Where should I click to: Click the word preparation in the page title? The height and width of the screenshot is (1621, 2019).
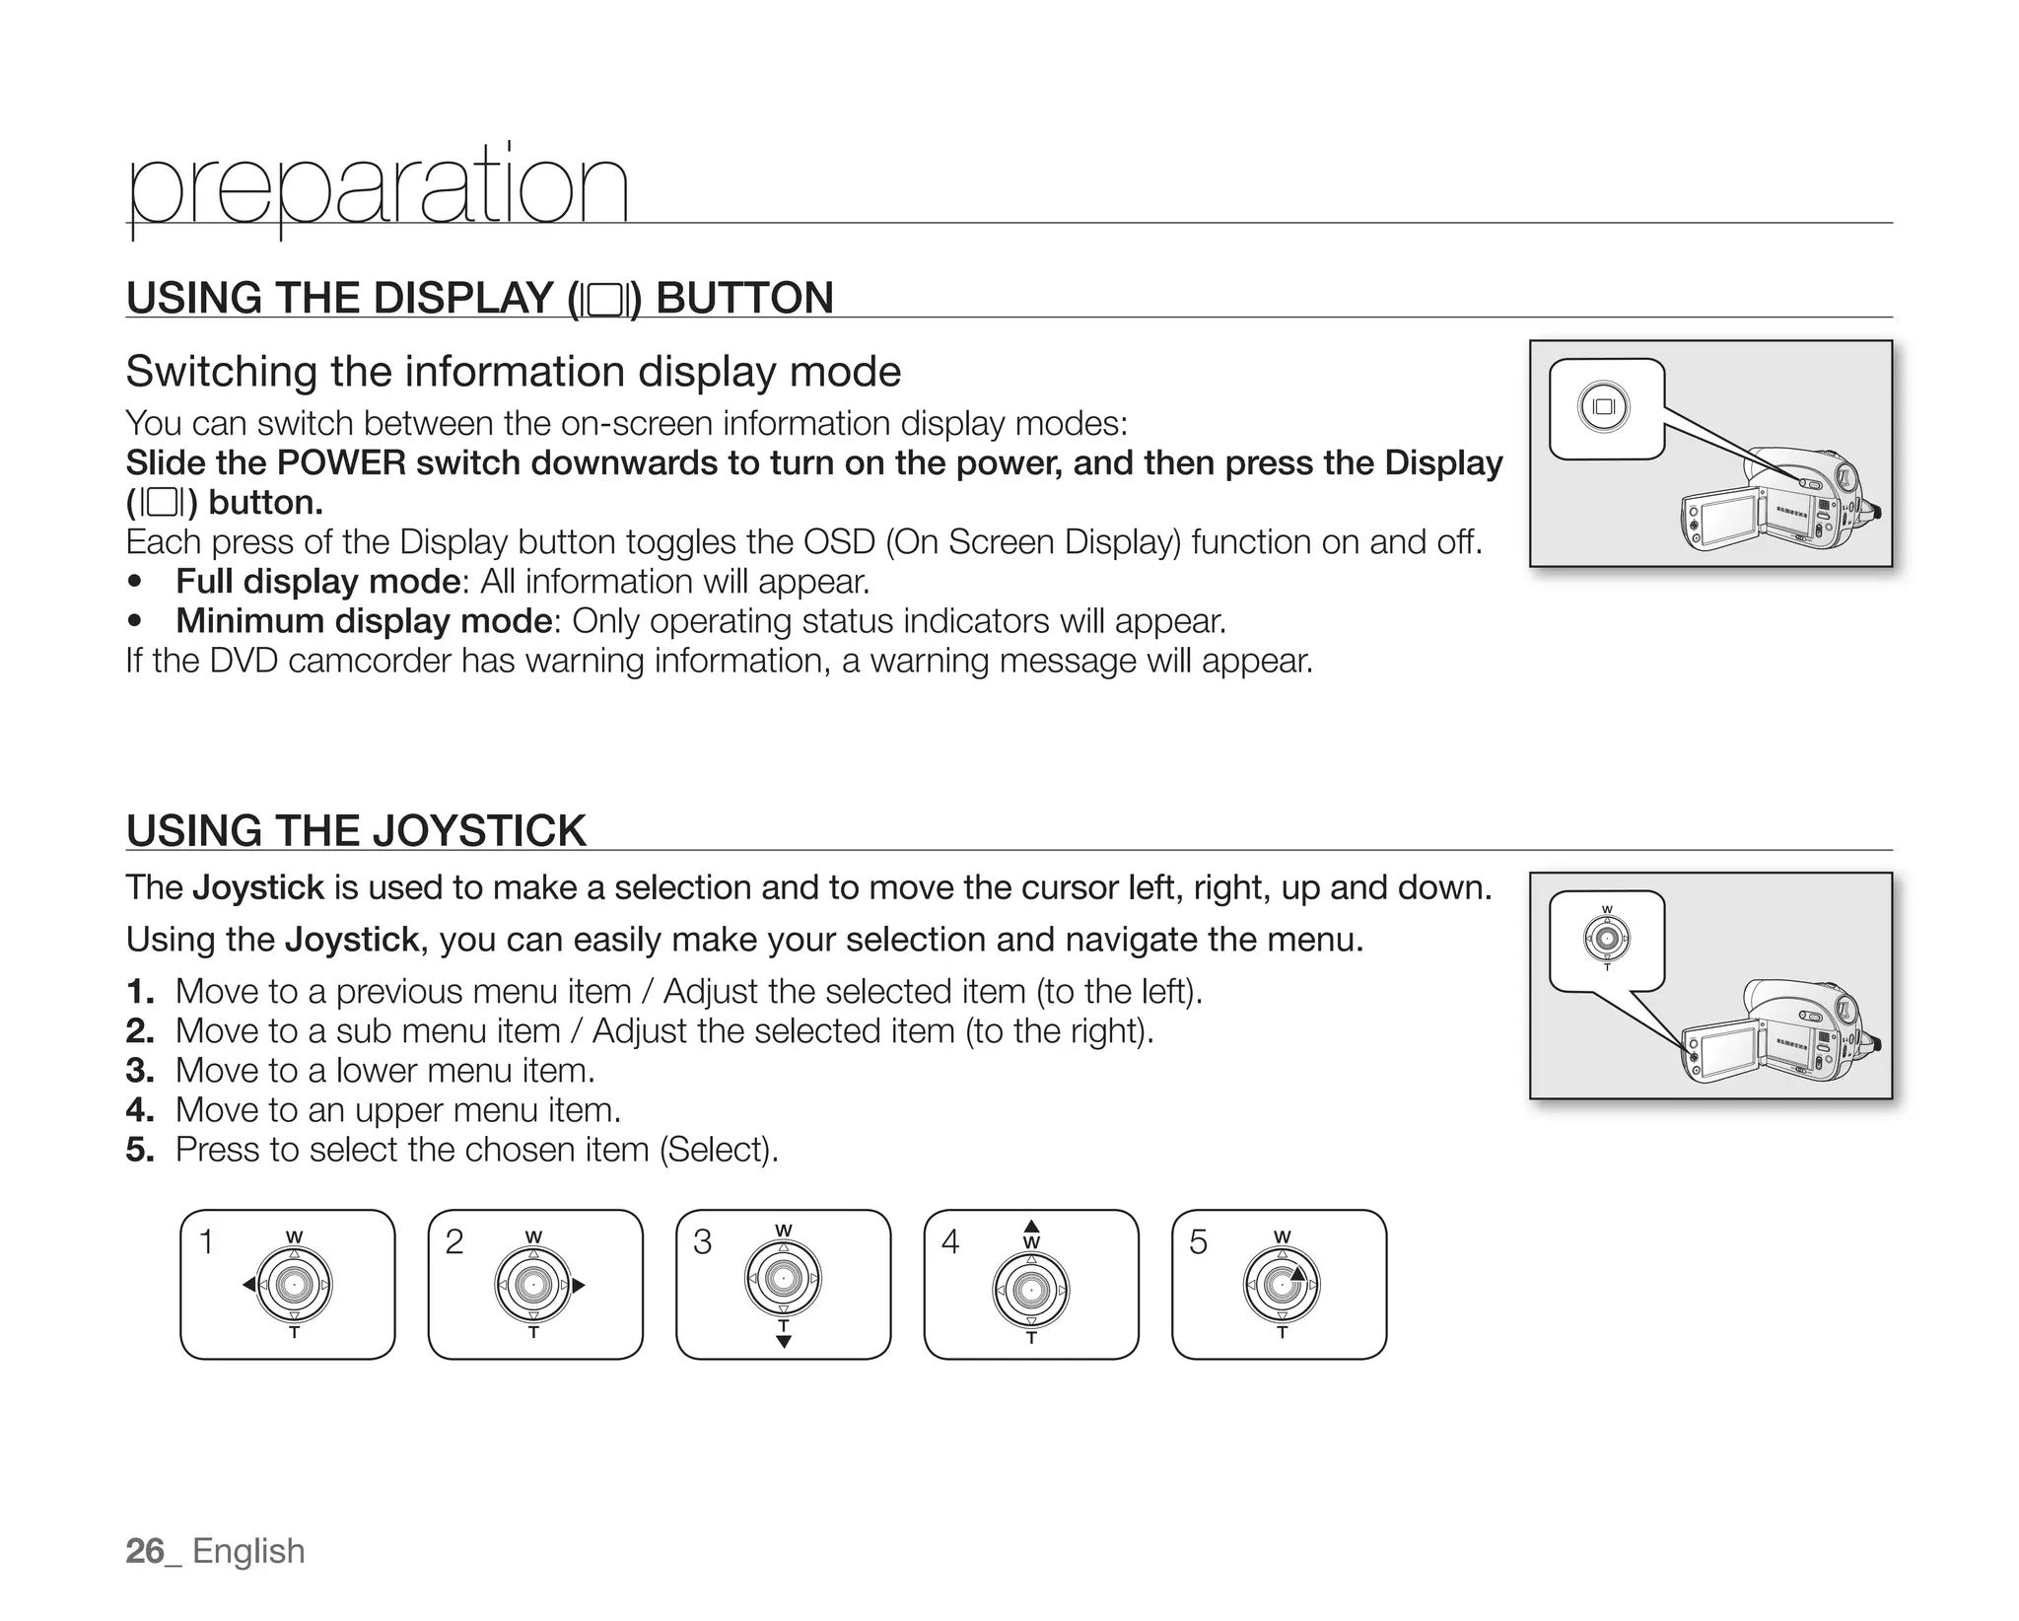(x=378, y=187)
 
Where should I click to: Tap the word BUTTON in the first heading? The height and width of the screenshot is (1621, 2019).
(x=744, y=298)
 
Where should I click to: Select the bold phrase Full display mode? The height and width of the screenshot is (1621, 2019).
(x=317, y=582)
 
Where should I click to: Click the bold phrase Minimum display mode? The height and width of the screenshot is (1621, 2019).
(x=363, y=621)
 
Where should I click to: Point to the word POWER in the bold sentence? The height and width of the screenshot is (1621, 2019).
(x=341, y=462)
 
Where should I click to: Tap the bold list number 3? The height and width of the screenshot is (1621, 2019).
(x=139, y=1071)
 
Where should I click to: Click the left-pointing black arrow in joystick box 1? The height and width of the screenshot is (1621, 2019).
(x=248, y=1285)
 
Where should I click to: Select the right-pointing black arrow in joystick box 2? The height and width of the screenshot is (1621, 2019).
(x=579, y=1285)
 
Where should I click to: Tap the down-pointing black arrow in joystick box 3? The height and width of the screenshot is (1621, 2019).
(x=784, y=1342)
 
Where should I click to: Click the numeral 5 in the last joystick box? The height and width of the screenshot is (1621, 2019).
(x=1198, y=1242)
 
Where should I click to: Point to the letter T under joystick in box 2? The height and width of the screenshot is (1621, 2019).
(x=533, y=1333)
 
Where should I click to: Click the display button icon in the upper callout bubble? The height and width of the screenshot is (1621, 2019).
(x=1604, y=407)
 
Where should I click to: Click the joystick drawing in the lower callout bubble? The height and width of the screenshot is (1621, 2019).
(x=1607, y=938)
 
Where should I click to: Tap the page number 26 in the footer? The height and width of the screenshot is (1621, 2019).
(x=145, y=1551)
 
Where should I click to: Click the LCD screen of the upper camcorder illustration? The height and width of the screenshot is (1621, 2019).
(x=1721, y=521)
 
